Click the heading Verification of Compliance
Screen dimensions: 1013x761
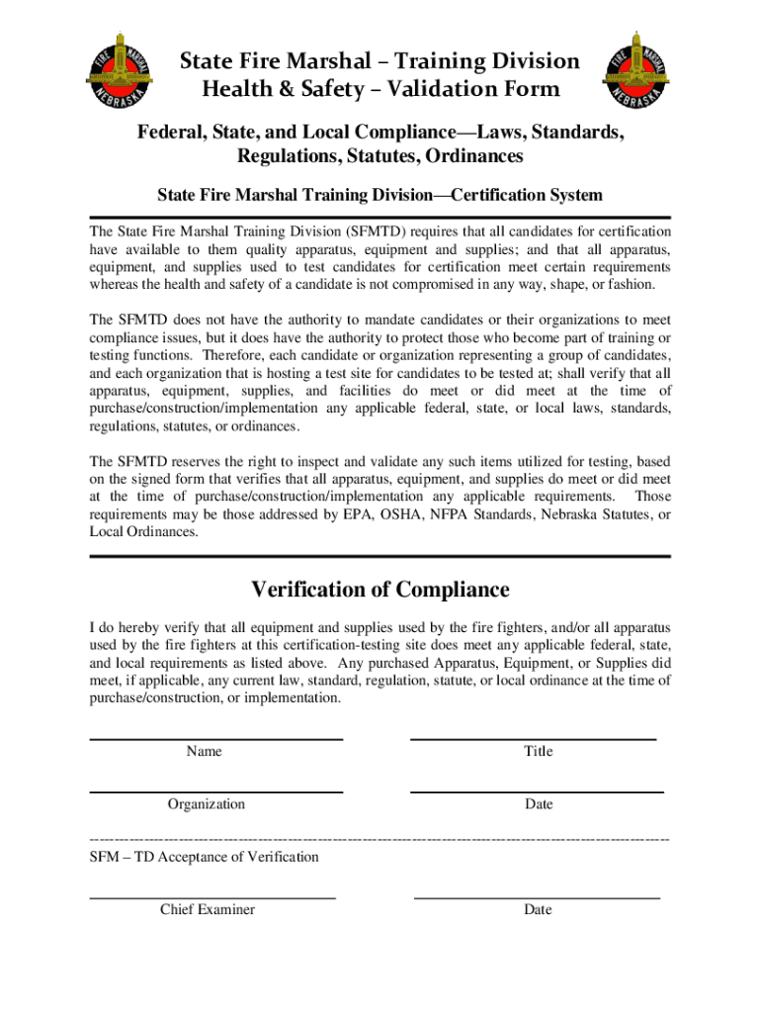tap(380, 591)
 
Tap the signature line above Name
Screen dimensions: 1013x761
tap(216, 738)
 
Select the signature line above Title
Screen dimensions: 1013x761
tap(534, 738)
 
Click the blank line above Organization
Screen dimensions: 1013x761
tap(216, 791)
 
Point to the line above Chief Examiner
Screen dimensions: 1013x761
tap(212, 896)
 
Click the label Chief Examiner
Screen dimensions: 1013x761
tap(208, 910)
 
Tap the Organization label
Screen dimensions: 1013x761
tap(206, 805)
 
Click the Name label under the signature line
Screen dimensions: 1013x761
tap(205, 752)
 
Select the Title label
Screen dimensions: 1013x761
tap(539, 752)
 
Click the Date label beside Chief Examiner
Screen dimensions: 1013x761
tap(539, 910)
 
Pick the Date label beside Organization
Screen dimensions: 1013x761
tap(539, 805)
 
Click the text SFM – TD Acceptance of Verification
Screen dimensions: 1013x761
tap(205, 857)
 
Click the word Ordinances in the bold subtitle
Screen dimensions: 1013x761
tap(463, 156)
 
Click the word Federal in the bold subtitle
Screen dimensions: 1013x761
tap(173, 133)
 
